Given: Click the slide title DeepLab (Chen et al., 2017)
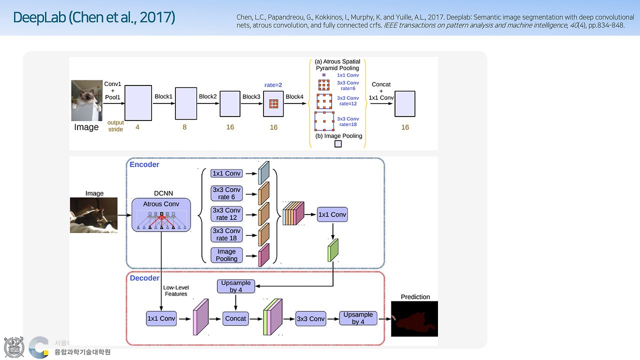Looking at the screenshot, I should pos(94,17).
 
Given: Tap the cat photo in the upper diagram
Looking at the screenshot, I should pos(87,100).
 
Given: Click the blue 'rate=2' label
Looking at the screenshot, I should pos(273,85).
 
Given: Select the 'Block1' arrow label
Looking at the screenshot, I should pos(163,96).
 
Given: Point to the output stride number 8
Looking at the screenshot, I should pos(184,127).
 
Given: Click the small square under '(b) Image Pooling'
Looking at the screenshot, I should pos(338,144).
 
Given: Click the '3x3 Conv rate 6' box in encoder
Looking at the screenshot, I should pos(226,193).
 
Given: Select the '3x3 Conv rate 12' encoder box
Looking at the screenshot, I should pos(226,214).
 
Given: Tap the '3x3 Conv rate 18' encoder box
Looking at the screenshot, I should pos(226,234).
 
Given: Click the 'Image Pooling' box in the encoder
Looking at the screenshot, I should pos(226,255).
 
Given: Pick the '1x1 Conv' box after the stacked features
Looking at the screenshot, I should pos(332,214).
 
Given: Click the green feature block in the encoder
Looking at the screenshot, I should pos(333,250).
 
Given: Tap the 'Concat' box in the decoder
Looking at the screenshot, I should pos(235,318).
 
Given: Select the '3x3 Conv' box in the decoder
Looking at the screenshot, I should pos(310,318).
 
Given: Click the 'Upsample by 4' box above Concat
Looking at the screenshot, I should pos(236,286).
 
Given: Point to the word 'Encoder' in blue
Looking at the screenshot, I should pos(144,164).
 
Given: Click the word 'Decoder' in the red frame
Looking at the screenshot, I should pos(144,278).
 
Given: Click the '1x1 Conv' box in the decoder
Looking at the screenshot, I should pos(161,318).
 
